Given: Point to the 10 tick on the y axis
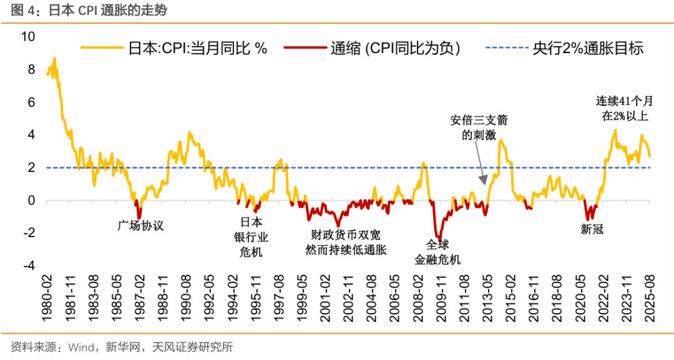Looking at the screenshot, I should tap(27, 36).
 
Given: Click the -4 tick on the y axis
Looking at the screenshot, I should tap(27, 266).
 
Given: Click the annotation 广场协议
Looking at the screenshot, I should tap(140, 225).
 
